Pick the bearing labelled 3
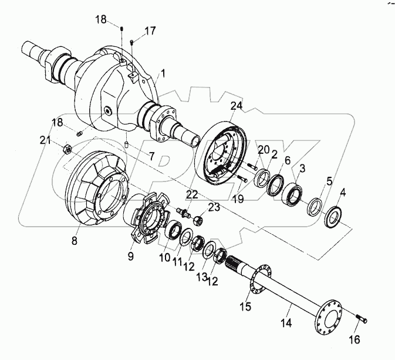[x=293, y=195]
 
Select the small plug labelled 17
[x=133, y=42]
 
